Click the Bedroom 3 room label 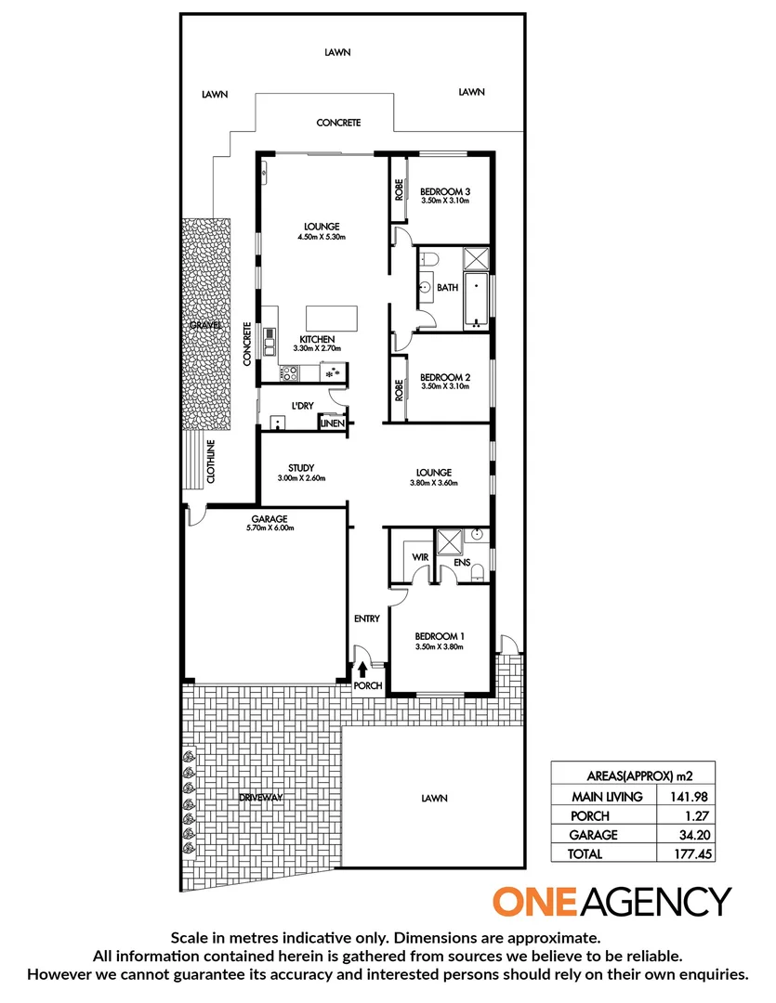444,191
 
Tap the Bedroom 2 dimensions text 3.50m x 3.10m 445,386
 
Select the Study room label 300,468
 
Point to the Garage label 270,519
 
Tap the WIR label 418,558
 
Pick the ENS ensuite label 462,562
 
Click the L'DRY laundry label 301,406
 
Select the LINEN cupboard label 333,423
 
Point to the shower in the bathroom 477,258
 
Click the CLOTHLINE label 211,461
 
